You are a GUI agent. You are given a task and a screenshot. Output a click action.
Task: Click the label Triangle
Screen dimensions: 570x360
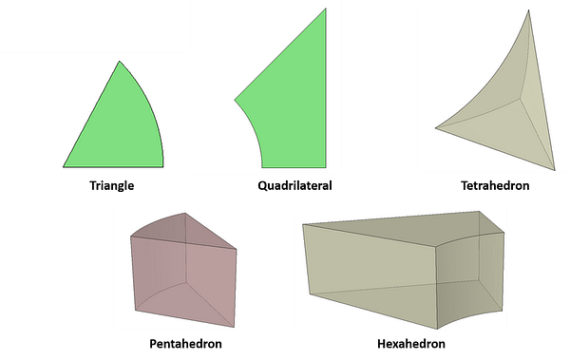(111, 186)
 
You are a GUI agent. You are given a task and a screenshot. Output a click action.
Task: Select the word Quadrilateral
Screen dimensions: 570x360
(294, 185)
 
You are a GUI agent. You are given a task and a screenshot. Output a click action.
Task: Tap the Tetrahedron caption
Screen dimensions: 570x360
(495, 185)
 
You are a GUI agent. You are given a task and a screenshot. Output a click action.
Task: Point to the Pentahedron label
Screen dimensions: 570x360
(185, 343)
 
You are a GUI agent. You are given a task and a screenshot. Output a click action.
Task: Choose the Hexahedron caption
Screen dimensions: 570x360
(411, 343)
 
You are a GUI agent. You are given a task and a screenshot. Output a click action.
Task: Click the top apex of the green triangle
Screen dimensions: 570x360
(120, 61)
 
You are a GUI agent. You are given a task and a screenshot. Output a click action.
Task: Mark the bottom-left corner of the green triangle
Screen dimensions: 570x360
(64, 167)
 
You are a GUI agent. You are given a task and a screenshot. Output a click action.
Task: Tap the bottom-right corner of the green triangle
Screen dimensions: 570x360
(162, 167)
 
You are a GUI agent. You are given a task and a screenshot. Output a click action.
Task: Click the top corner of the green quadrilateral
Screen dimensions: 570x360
(325, 9)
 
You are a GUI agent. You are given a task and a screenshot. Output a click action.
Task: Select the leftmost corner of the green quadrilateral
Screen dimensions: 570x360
(235, 100)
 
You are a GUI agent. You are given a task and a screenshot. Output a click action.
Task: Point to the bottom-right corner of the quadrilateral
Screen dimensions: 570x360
(325, 167)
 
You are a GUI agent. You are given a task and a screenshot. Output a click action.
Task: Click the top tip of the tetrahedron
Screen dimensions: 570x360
(528, 10)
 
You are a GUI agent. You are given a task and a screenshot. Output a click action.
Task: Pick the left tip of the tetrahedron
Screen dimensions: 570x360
(436, 127)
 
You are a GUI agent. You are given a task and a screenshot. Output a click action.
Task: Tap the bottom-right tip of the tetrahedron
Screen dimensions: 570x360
(555, 170)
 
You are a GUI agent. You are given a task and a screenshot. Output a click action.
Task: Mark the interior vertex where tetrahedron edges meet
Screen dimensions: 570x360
(521, 97)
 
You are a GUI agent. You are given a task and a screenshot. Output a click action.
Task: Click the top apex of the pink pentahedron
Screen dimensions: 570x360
(185, 213)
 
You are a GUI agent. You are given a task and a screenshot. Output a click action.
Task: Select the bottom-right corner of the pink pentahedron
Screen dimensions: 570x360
(234, 327)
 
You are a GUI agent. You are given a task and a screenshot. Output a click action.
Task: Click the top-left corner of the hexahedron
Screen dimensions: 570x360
(303, 225)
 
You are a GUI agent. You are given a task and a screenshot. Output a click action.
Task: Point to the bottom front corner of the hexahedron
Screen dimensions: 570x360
(437, 329)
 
